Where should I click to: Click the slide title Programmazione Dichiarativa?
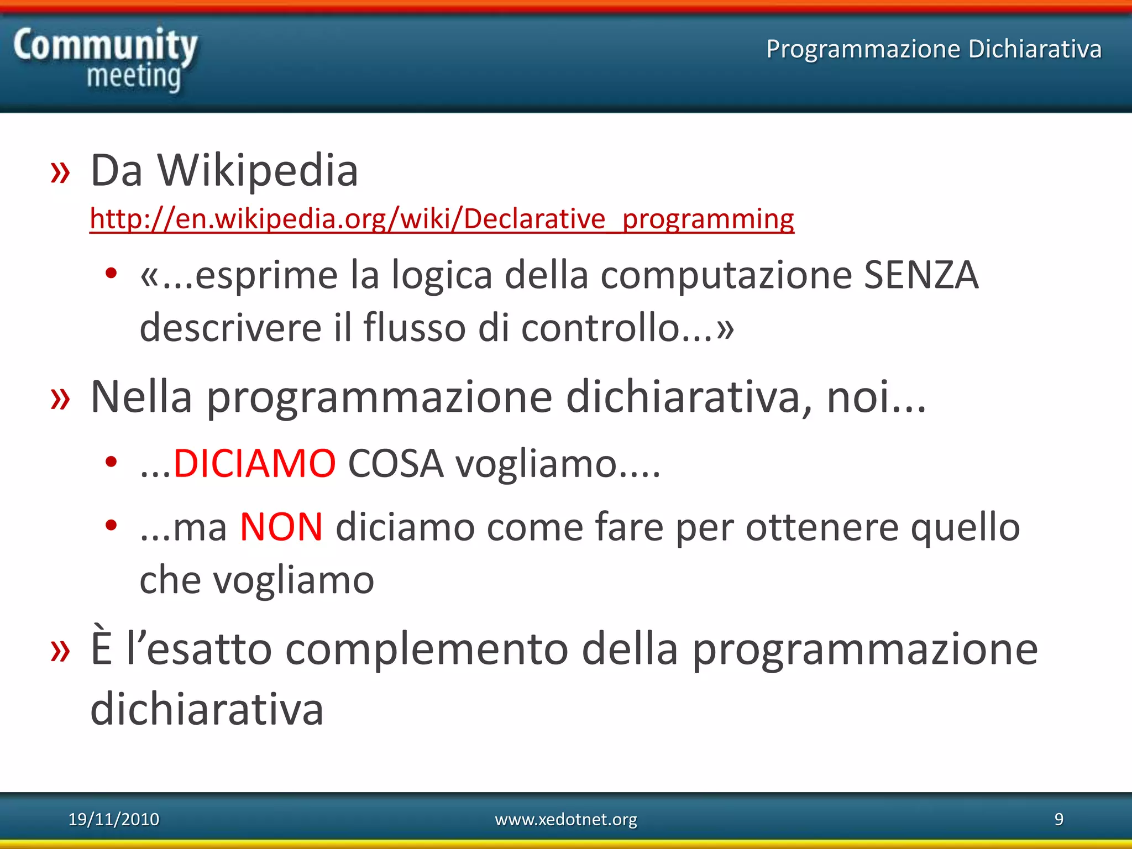pyautogui.click(x=934, y=49)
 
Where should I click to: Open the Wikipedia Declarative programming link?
pyautogui.click(x=442, y=219)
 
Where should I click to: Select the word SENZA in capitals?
pyautogui.click(x=921, y=275)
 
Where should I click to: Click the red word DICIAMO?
pyautogui.click(x=254, y=463)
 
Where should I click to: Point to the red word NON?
pyautogui.click(x=281, y=527)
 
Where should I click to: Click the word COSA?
pyautogui.click(x=396, y=463)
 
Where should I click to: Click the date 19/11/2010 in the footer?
pyautogui.click(x=113, y=819)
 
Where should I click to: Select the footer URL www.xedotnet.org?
pyautogui.click(x=565, y=819)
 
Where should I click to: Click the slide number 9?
pyautogui.click(x=1058, y=819)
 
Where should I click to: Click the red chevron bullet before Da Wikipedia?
pyautogui.click(x=60, y=172)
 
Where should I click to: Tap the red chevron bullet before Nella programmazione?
pyautogui.click(x=60, y=399)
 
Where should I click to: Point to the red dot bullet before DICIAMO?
pyautogui.click(x=111, y=462)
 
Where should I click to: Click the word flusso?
pyautogui.click(x=415, y=327)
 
